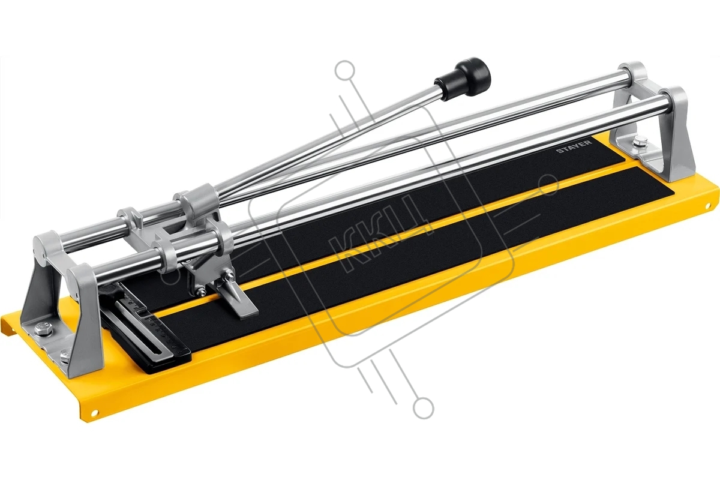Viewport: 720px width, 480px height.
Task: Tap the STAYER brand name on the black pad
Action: [574, 146]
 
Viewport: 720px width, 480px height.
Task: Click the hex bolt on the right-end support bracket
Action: [640, 140]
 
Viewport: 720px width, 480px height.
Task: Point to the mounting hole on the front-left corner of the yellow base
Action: [94, 412]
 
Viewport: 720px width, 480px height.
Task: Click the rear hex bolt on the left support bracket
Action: [44, 329]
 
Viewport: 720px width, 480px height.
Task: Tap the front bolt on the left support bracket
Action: [65, 355]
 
